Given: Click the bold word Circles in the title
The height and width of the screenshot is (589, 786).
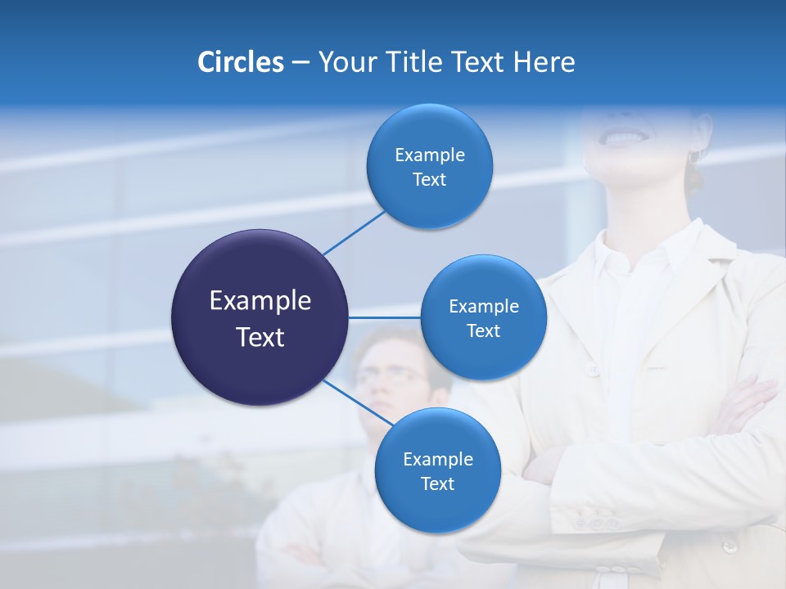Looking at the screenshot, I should pyautogui.click(x=240, y=62).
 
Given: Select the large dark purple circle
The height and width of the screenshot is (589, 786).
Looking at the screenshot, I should pyautogui.click(x=260, y=317).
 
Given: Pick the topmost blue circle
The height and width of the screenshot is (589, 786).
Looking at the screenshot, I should pyautogui.click(x=429, y=166).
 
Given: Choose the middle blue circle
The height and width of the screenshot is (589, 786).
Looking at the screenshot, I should pyautogui.click(x=483, y=317).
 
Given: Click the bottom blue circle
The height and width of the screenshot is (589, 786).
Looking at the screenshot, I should pyautogui.click(x=437, y=470).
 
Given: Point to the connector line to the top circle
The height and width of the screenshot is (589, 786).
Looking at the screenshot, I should pyautogui.click(x=354, y=232).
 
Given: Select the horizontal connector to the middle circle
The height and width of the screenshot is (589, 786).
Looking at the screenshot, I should pyautogui.click(x=384, y=317).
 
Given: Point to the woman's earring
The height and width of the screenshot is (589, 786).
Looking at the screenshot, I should pyautogui.click(x=694, y=156).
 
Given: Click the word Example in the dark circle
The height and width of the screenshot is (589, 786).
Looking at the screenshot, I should pyautogui.click(x=260, y=301).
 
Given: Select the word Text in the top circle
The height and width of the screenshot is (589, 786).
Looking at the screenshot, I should pyautogui.click(x=429, y=179).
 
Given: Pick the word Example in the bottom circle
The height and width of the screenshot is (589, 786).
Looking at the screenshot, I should pyautogui.click(x=437, y=459).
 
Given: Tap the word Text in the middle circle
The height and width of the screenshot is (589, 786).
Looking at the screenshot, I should pyautogui.click(x=483, y=330).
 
